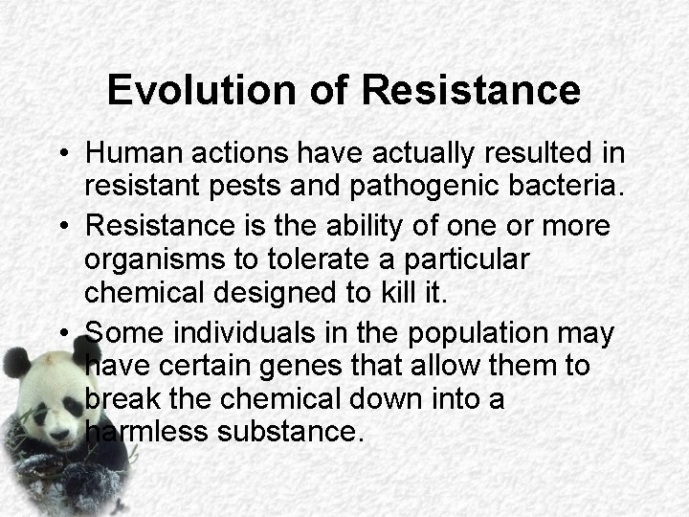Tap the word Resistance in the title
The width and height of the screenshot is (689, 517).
471,90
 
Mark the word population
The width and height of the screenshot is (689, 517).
471,333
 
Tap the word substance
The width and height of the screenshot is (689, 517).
292,431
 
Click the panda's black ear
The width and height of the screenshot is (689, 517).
16,363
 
